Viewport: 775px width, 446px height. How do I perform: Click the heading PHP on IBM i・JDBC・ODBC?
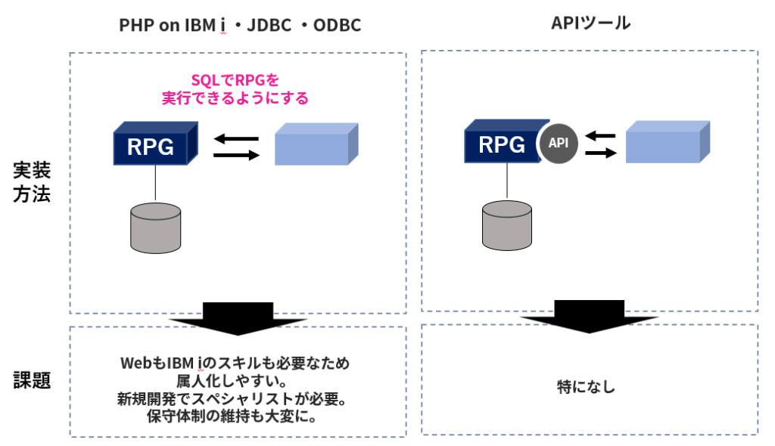click(240, 25)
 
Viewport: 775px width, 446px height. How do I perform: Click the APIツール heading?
click(590, 23)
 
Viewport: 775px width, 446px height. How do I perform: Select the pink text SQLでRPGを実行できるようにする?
click(235, 89)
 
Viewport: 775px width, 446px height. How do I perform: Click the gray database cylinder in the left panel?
click(155, 227)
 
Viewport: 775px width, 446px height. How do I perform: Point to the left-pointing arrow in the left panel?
click(236, 138)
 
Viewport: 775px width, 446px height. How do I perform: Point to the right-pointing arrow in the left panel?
click(236, 154)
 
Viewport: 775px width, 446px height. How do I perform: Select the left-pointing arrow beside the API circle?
click(601, 136)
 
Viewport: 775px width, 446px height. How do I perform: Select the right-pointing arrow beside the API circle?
click(601, 153)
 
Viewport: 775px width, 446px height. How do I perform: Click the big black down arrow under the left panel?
click(238, 317)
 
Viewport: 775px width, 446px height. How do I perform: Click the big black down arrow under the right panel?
click(590, 315)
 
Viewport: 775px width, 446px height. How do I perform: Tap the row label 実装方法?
click(32, 182)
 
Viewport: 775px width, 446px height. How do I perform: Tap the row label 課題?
click(32, 380)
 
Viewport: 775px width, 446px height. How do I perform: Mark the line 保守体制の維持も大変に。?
click(235, 417)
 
